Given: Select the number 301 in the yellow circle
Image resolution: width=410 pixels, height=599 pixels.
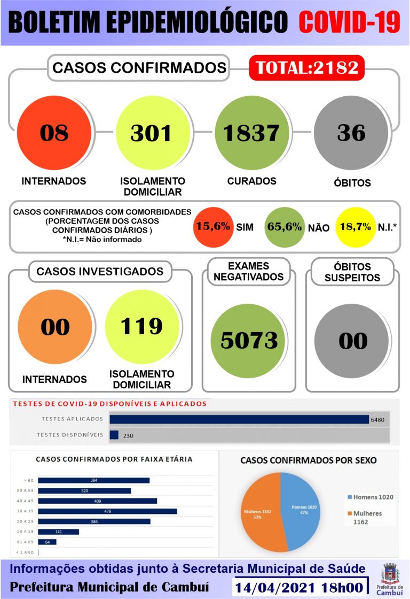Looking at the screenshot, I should click(x=151, y=133).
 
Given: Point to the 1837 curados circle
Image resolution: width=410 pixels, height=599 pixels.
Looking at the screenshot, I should click(x=251, y=133).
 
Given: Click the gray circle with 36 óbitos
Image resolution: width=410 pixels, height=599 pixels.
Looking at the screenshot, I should click(x=351, y=133).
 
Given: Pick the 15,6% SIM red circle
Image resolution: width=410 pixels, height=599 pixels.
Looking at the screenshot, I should click(x=213, y=227).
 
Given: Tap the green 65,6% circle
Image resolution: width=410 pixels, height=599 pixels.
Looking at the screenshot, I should click(x=285, y=227).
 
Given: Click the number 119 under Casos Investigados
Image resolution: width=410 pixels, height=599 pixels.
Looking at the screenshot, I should click(x=141, y=325).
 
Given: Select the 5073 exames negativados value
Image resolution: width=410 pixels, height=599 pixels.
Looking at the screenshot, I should click(x=249, y=340).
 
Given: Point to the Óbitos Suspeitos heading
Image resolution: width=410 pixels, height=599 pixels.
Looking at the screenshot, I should click(x=353, y=272).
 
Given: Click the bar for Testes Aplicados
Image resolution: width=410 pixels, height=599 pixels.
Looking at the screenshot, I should click(x=239, y=419).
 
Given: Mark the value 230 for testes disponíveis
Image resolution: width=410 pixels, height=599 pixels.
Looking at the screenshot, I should click(x=128, y=435).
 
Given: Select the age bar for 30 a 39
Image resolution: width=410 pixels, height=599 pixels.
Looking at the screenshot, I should click(x=107, y=511).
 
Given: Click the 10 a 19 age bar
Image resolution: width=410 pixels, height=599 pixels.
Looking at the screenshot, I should click(x=59, y=532).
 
